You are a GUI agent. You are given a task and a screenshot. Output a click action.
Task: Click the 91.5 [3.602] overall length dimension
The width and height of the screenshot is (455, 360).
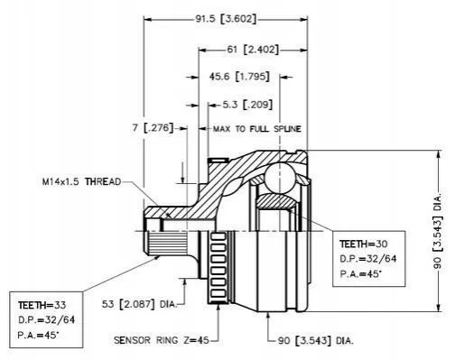(x=226, y=19)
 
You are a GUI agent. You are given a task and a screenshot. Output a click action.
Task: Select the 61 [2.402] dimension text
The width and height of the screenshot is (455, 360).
(x=253, y=49)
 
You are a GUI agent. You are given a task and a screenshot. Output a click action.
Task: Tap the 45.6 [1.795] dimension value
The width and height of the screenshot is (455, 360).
(x=239, y=77)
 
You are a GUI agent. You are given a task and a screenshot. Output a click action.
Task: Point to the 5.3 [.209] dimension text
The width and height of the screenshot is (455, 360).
(x=247, y=105)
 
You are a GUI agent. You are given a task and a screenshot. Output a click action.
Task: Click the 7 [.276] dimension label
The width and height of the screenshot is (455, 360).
(x=153, y=128)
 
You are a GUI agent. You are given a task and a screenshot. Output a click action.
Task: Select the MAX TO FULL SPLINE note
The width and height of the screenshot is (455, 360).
(x=257, y=129)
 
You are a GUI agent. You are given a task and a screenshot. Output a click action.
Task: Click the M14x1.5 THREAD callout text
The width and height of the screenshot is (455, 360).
(x=81, y=181)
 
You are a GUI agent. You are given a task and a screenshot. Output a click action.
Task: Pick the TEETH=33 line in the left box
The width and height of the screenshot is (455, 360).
(x=42, y=305)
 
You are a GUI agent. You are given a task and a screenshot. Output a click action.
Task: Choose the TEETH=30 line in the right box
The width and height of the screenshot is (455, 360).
(x=364, y=244)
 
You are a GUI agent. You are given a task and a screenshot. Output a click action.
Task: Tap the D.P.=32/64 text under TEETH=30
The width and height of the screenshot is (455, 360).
(x=368, y=258)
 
